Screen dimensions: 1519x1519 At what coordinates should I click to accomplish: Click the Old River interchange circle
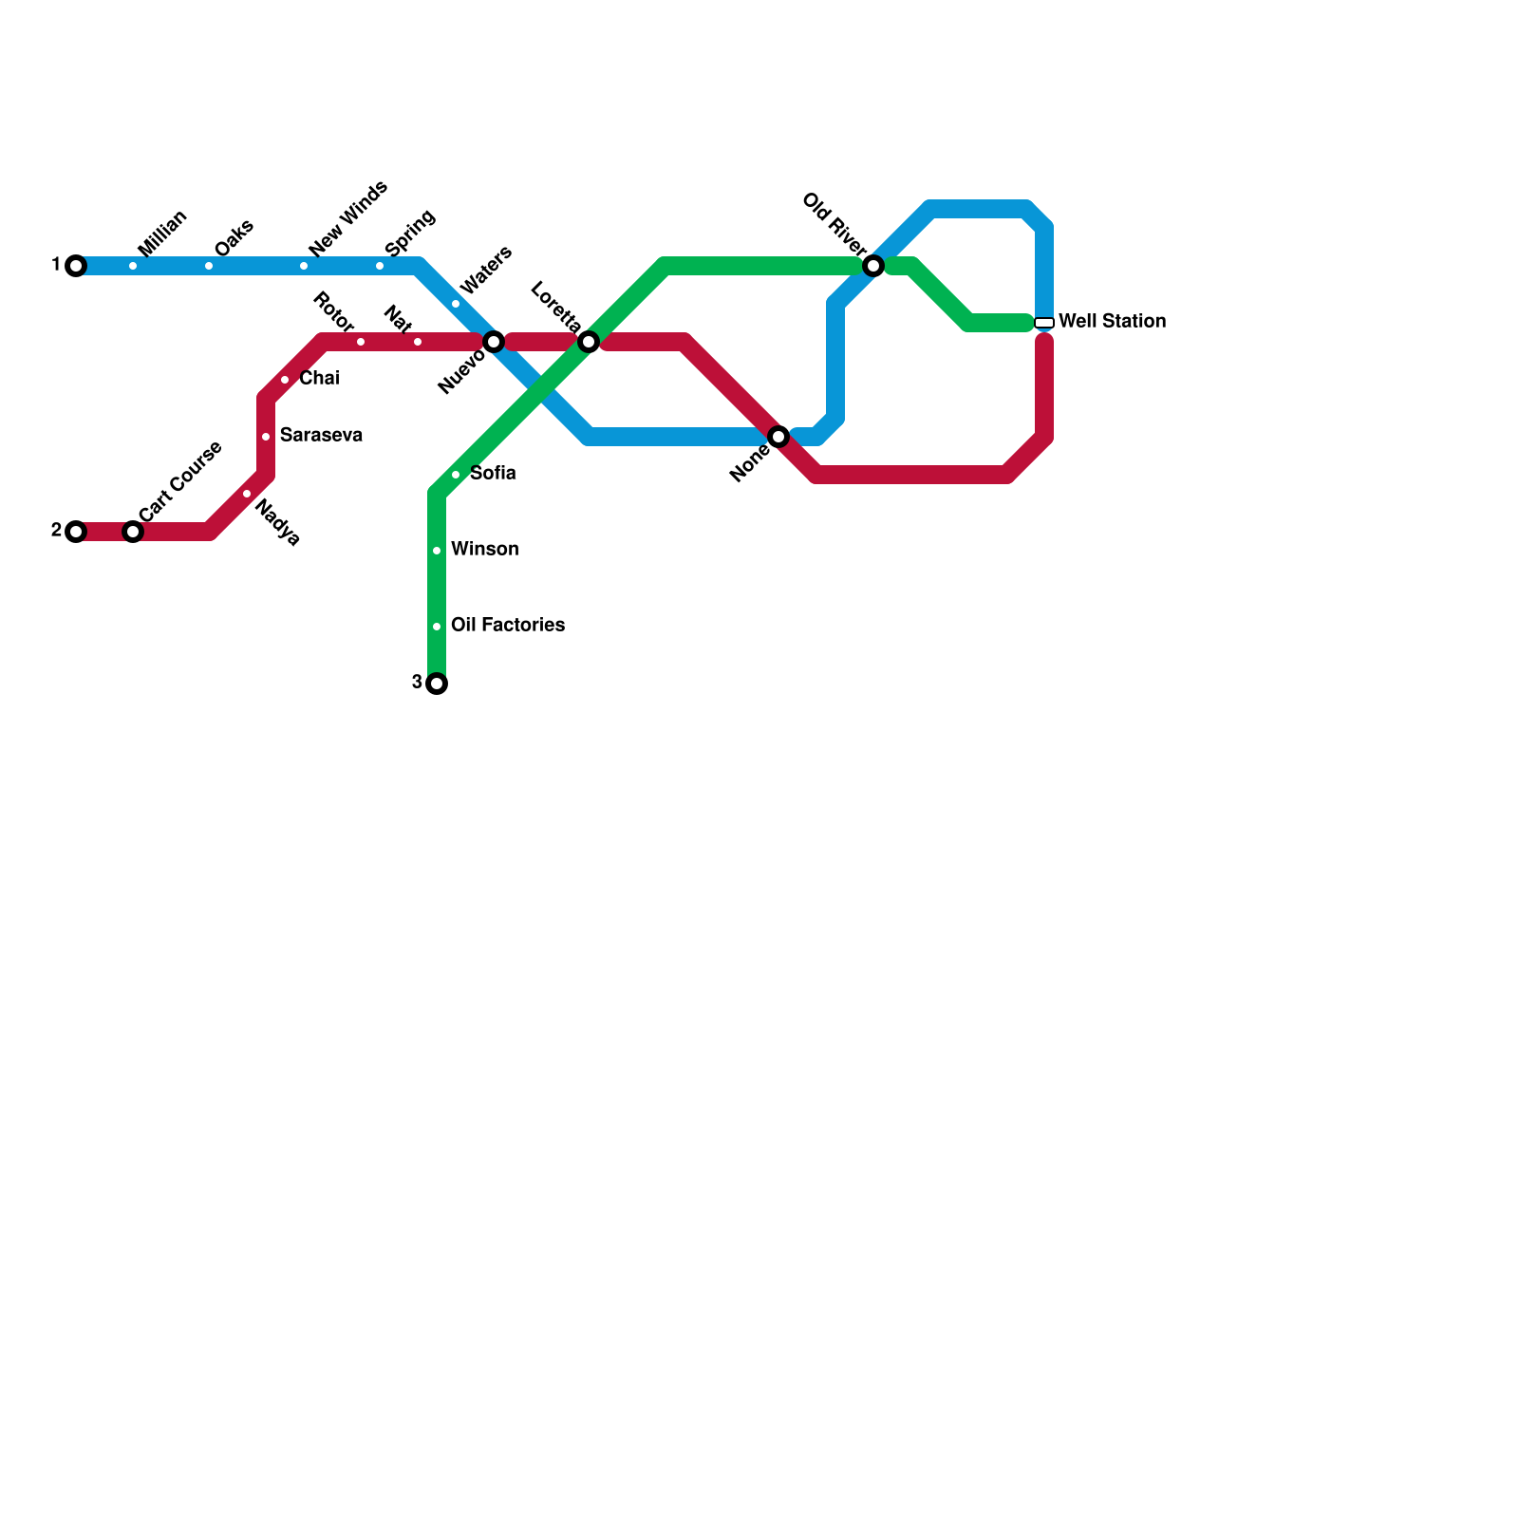pyautogui.click(x=873, y=266)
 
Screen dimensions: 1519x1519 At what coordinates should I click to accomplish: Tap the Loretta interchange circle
pyautogui.click(x=589, y=342)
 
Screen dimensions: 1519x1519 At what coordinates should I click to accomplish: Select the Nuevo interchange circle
pyautogui.click(x=494, y=342)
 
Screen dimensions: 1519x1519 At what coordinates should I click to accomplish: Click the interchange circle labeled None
pyautogui.click(x=778, y=437)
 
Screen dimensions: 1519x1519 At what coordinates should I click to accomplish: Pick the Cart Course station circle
pyautogui.click(x=133, y=532)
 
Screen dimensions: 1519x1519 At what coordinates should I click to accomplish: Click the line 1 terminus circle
pyautogui.click(x=76, y=266)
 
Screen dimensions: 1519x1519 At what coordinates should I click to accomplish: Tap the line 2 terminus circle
pyautogui.click(x=76, y=532)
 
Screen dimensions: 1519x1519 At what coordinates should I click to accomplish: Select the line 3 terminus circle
pyautogui.click(x=437, y=684)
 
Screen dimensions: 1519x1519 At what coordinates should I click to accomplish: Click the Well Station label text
pyautogui.click(x=1112, y=322)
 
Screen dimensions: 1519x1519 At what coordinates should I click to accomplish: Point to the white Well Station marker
pyautogui.click(x=1044, y=323)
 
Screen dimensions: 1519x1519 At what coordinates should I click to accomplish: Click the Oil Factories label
pyautogui.click(x=508, y=626)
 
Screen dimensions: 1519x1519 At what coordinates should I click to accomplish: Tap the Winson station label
pyautogui.click(x=484, y=550)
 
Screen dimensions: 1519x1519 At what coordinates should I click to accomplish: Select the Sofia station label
pyautogui.click(x=493, y=474)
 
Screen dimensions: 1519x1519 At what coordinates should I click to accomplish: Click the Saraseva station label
pyautogui.click(x=321, y=436)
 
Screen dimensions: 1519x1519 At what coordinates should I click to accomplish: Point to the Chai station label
pyautogui.click(x=319, y=379)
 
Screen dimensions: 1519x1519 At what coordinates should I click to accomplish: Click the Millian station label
pyautogui.click(x=161, y=234)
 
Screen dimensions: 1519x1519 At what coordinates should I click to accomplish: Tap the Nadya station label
pyautogui.click(x=278, y=523)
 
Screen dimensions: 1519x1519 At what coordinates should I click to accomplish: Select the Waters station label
pyautogui.click(x=485, y=270)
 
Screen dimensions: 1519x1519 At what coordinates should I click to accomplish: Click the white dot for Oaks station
pyautogui.click(x=209, y=266)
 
